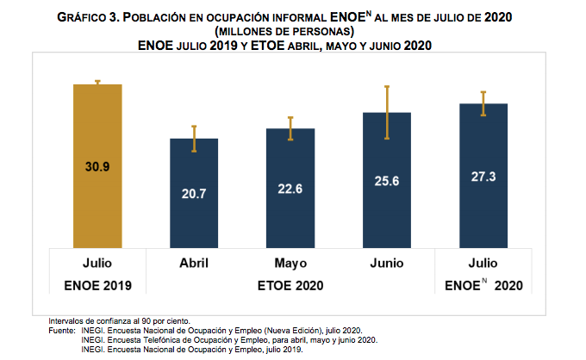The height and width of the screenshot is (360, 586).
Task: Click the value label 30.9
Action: point(97,167)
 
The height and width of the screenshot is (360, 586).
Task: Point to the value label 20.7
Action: point(194,195)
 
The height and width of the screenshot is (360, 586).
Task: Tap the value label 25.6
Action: point(387,182)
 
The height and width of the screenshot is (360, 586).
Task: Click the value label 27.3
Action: point(483,177)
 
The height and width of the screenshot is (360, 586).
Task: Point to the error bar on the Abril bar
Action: point(194,139)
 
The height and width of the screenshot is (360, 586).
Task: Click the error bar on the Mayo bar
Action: point(290,128)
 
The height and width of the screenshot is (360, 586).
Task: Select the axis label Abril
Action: point(194,263)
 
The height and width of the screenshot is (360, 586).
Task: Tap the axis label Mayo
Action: point(290,263)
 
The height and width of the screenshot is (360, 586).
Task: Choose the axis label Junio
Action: point(387,263)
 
